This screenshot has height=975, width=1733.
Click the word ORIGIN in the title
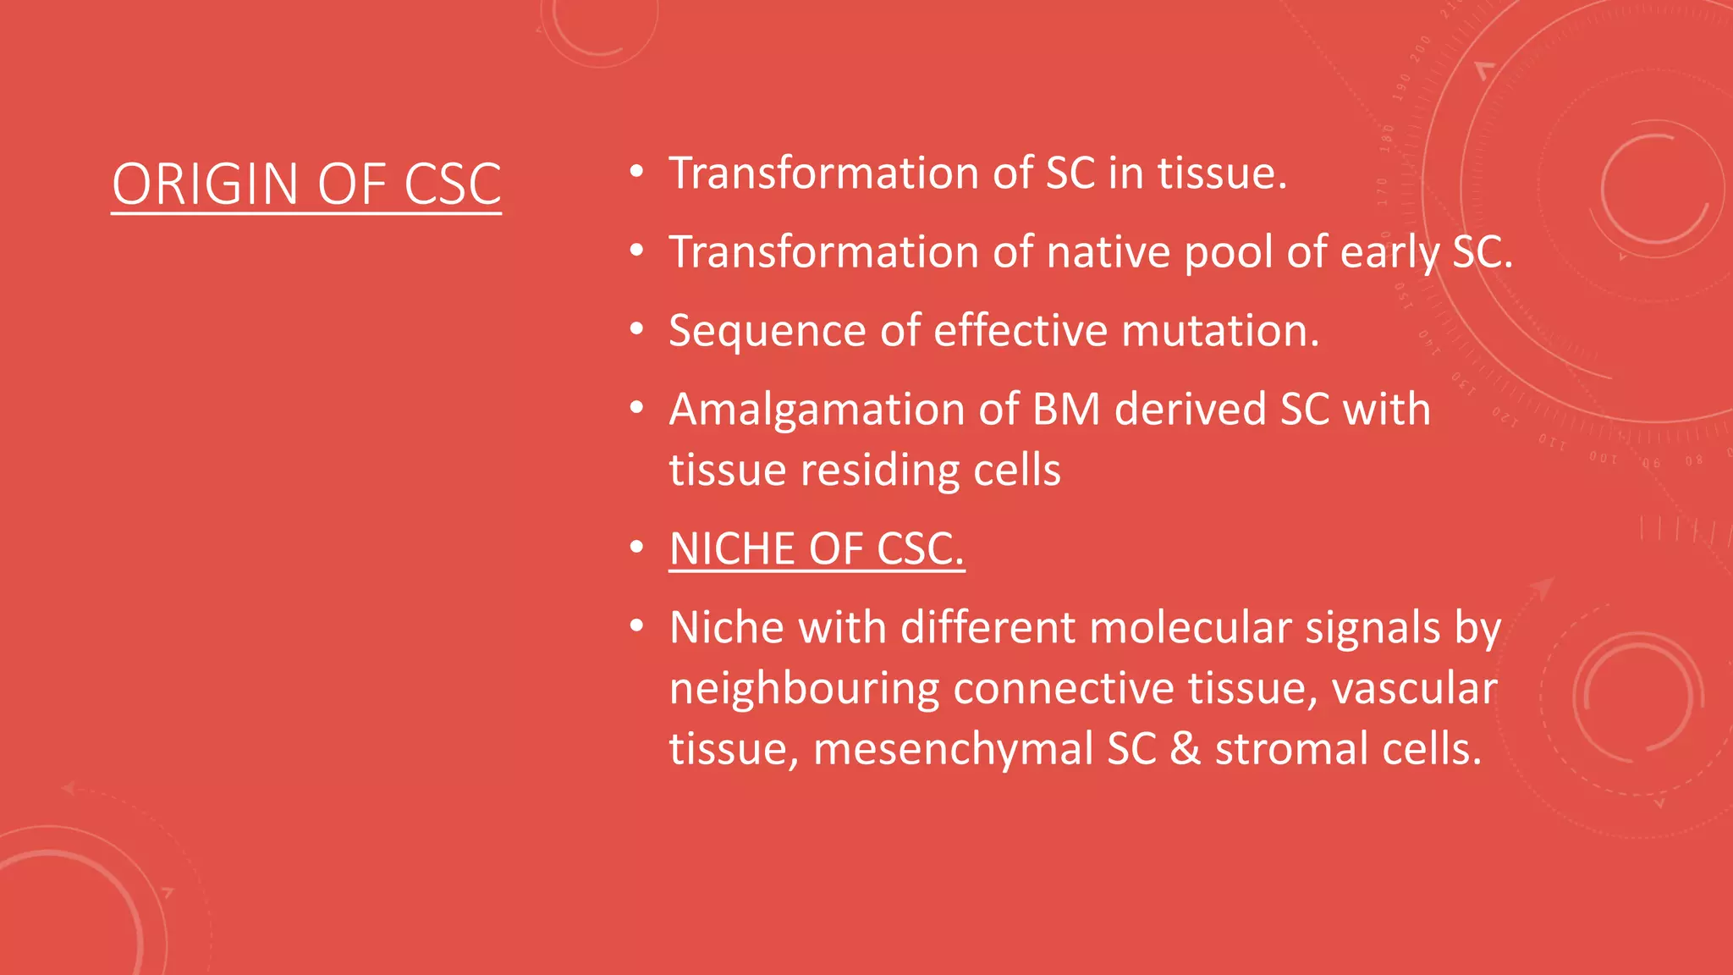(x=206, y=185)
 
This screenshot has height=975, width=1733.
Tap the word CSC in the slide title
(x=453, y=185)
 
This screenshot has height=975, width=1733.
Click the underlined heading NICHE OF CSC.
(x=817, y=549)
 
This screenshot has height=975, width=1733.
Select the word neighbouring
(x=804, y=689)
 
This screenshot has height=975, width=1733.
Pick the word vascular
(x=1414, y=689)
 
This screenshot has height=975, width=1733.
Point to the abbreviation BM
(x=1065, y=410)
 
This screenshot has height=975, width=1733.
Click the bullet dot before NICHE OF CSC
(x=637, y=549)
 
